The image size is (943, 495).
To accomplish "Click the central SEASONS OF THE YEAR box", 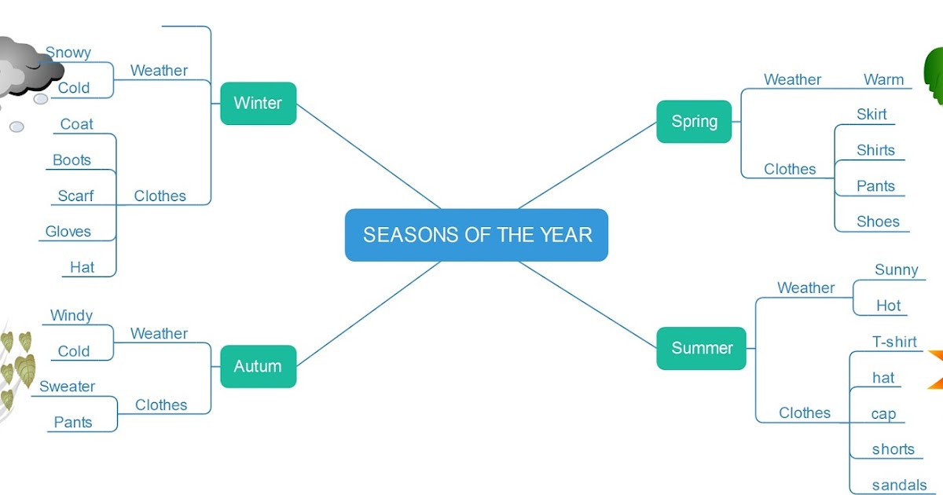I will coord(476,234).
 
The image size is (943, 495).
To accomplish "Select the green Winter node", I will coord(258,103).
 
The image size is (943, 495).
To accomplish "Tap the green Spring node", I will coord(694,121).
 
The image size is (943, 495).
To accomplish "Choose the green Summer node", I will coord(701,348).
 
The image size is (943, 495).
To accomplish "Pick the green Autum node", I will coord(258,366).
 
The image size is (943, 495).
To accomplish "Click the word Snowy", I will coord(68,53).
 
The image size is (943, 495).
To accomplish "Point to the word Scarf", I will coord(75,196).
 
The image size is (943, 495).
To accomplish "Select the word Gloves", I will coord(68,231).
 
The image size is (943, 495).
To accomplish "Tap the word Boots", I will coord(72,160).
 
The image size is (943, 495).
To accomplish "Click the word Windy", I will coord(72,316).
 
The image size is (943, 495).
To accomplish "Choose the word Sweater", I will coord(68,387).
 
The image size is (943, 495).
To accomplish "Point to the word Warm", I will coord(883,79).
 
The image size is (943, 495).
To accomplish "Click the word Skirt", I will coord(871,115).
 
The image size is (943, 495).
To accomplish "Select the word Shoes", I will coord(878,222).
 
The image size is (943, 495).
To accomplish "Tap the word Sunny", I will coord(896,270).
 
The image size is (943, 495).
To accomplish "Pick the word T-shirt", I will coord(894,342).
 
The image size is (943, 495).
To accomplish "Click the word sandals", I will coord(899,486).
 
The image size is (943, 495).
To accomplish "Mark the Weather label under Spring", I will coord(792,79).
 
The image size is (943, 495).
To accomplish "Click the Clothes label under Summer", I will coord(805,412).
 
